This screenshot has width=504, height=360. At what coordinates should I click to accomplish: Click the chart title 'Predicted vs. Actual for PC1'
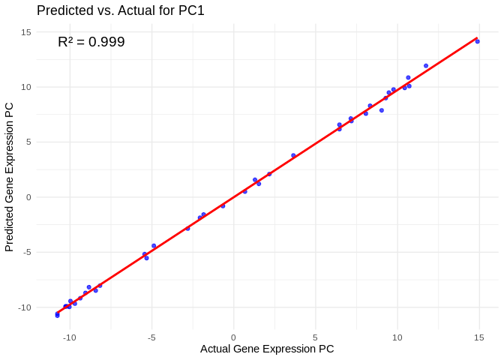point(120,10)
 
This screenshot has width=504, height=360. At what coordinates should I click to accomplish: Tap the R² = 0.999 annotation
point(91,42)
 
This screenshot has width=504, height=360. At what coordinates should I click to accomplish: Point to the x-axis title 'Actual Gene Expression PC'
point(267,349)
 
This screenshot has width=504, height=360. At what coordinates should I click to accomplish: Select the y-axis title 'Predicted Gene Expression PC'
point(10,177)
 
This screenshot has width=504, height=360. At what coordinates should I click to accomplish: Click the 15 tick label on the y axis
point(25,32)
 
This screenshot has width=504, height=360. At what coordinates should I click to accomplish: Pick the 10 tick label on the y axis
point(25,87)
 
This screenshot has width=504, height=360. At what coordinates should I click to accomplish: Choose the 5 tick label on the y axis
point(28,142)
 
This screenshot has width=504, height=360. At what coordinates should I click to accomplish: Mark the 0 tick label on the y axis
point(28,197)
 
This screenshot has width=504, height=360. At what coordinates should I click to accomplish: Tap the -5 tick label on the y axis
point(26,253)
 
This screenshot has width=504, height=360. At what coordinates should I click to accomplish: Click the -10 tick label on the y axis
point(24,307)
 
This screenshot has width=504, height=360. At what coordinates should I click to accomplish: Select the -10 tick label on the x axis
point(70,337)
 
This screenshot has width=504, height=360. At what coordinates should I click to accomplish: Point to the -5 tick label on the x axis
point(151,337)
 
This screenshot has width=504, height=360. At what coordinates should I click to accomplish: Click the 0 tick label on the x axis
point(233,337)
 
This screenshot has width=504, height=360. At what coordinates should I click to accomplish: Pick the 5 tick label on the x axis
point(315,337)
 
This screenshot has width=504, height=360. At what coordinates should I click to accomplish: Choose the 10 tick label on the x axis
point(397,337)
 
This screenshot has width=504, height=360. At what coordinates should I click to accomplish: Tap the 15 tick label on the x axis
point(478,337)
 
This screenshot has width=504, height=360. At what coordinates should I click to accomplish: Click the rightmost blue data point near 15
point(478,41)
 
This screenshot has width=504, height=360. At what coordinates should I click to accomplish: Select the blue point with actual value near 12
point(426,66)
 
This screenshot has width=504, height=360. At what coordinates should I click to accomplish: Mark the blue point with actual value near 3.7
point(293,155)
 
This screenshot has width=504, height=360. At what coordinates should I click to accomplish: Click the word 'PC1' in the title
point(191,10)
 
